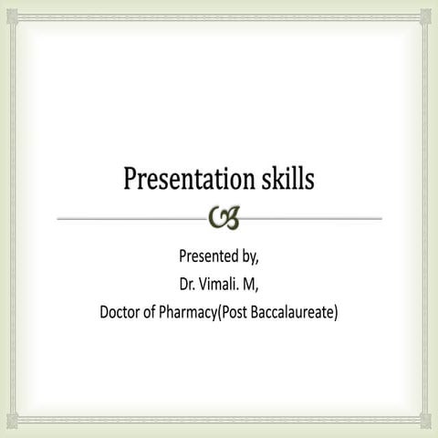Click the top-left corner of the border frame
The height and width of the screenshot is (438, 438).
(x=8, y=8)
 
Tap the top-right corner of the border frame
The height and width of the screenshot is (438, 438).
(x=430, y=8)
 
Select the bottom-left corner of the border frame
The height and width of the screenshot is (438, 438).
(x=8, y=430)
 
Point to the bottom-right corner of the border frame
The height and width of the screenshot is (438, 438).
(x=430, y=430)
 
